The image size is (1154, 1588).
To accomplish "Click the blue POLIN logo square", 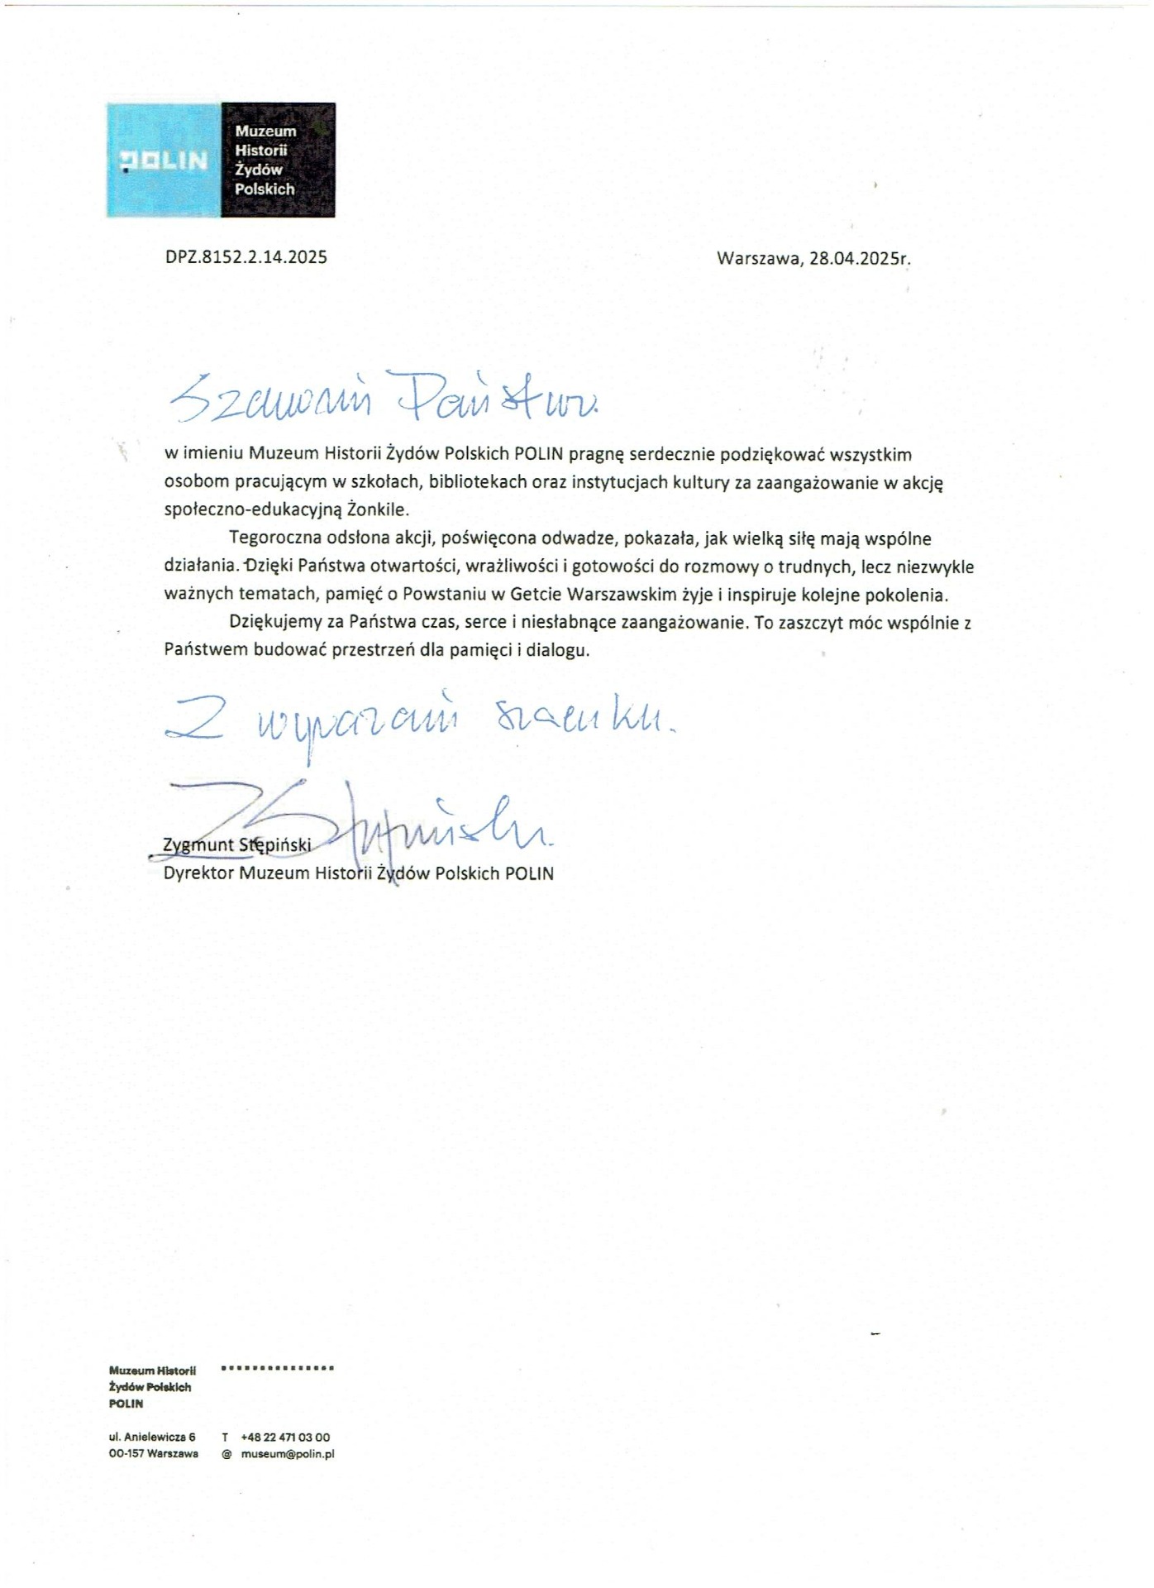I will [x=165, y=160].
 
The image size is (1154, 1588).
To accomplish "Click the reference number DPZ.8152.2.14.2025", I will [x=246, y=257].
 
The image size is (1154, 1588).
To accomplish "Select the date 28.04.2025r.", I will [x=860, y=258].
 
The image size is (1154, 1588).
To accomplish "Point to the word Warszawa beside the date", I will [x=759, y=258].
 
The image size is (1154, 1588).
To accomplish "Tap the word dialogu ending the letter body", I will [x=561, y=650].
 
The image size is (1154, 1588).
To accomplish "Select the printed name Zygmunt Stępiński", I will [x=237, y=845].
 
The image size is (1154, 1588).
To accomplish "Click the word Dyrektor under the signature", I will [x=199, y=873].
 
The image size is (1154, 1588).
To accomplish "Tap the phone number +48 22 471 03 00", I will [x=285, y=1437].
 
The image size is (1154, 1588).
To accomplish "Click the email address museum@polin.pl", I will [x=288, y=1454].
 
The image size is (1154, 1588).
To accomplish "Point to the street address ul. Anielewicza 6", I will [x=152, y=1437].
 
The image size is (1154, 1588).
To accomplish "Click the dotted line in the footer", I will [x=278, y=1368].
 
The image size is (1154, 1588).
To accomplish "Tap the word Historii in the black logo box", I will [x=260, y=151].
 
